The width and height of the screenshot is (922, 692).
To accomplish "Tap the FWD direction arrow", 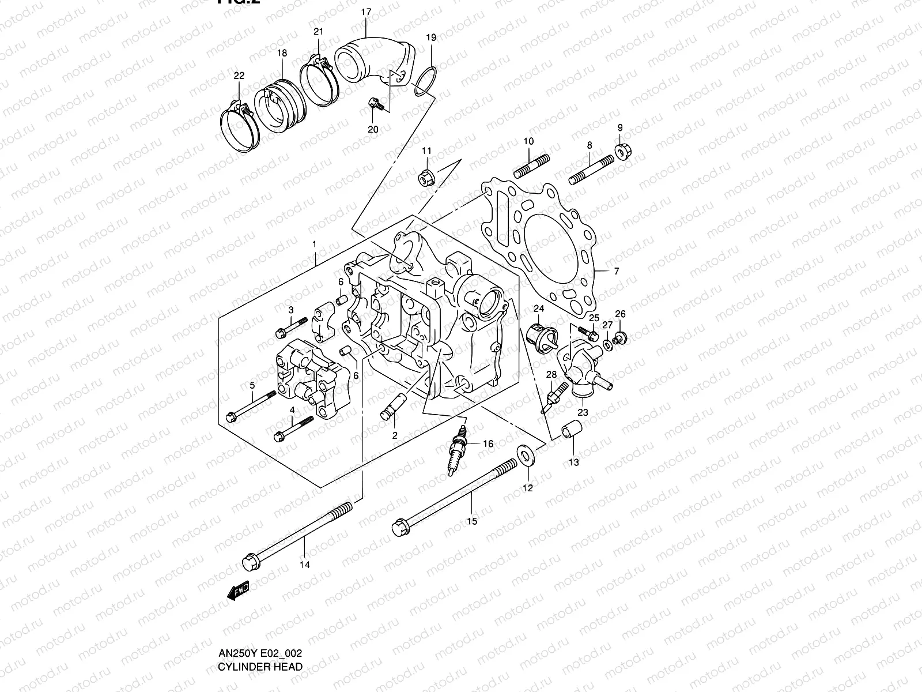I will click(238, 591).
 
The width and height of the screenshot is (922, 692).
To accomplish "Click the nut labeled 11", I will click(425, 178).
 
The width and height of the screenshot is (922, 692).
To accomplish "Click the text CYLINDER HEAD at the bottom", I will click(260, 667).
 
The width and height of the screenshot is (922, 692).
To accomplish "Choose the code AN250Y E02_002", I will click(260, 653).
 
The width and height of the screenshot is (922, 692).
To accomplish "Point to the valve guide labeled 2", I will click(390, 407).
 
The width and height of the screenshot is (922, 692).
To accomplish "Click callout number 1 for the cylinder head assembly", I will click(314, 245).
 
